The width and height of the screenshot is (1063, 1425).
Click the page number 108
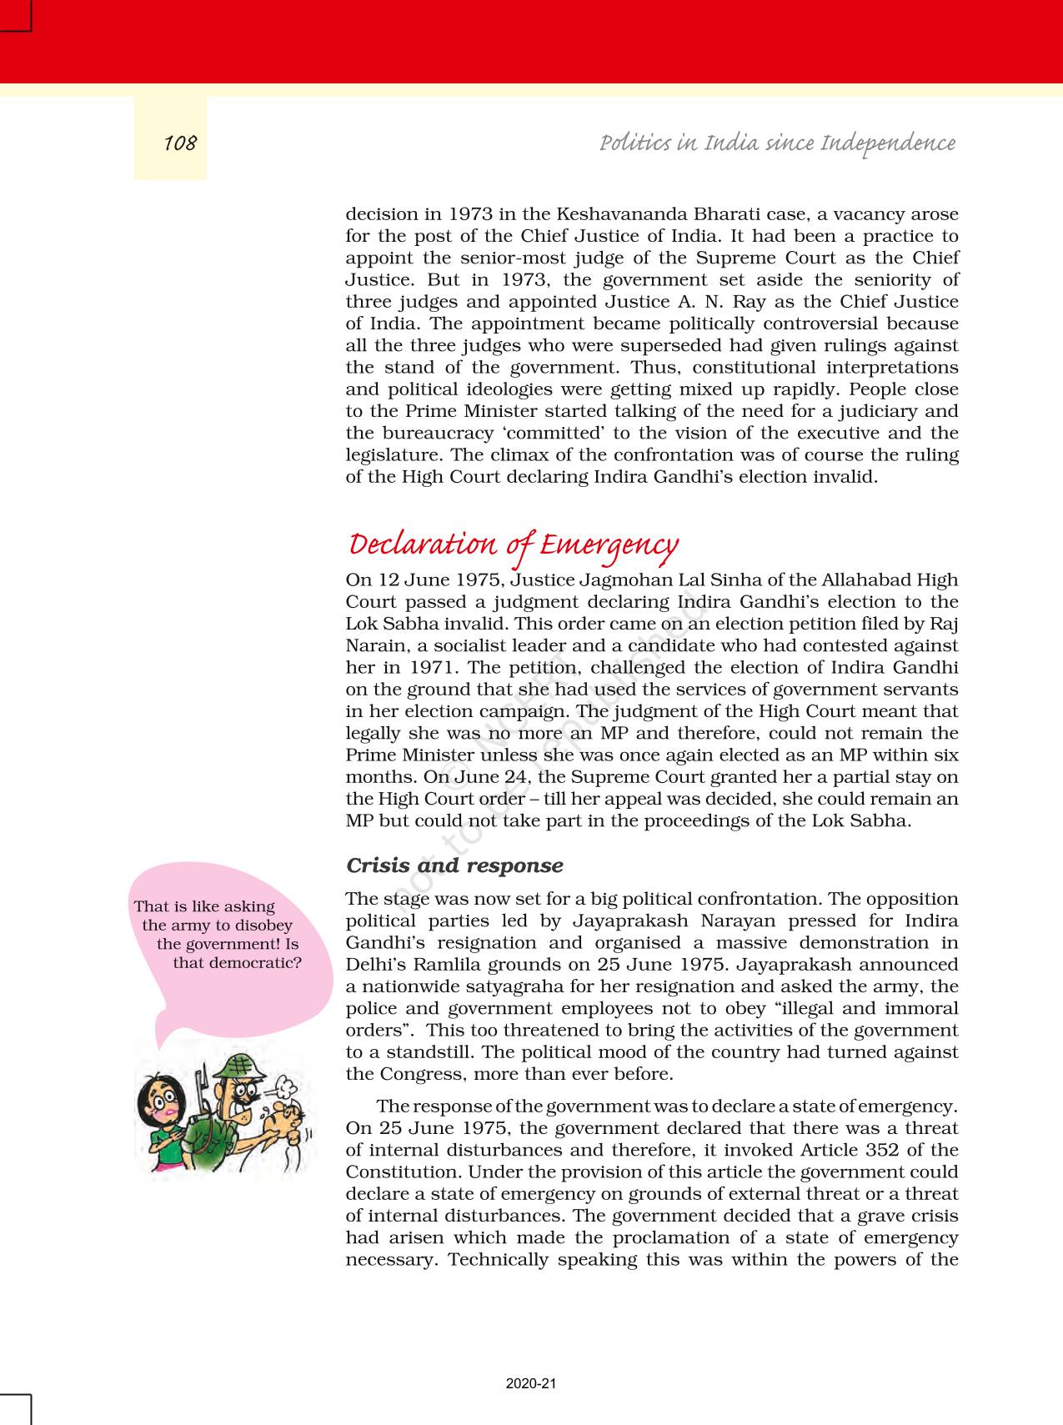(179, 143)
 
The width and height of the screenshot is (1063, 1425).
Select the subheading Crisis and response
(454, 866)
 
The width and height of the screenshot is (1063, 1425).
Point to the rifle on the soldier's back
(201, 1084)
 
